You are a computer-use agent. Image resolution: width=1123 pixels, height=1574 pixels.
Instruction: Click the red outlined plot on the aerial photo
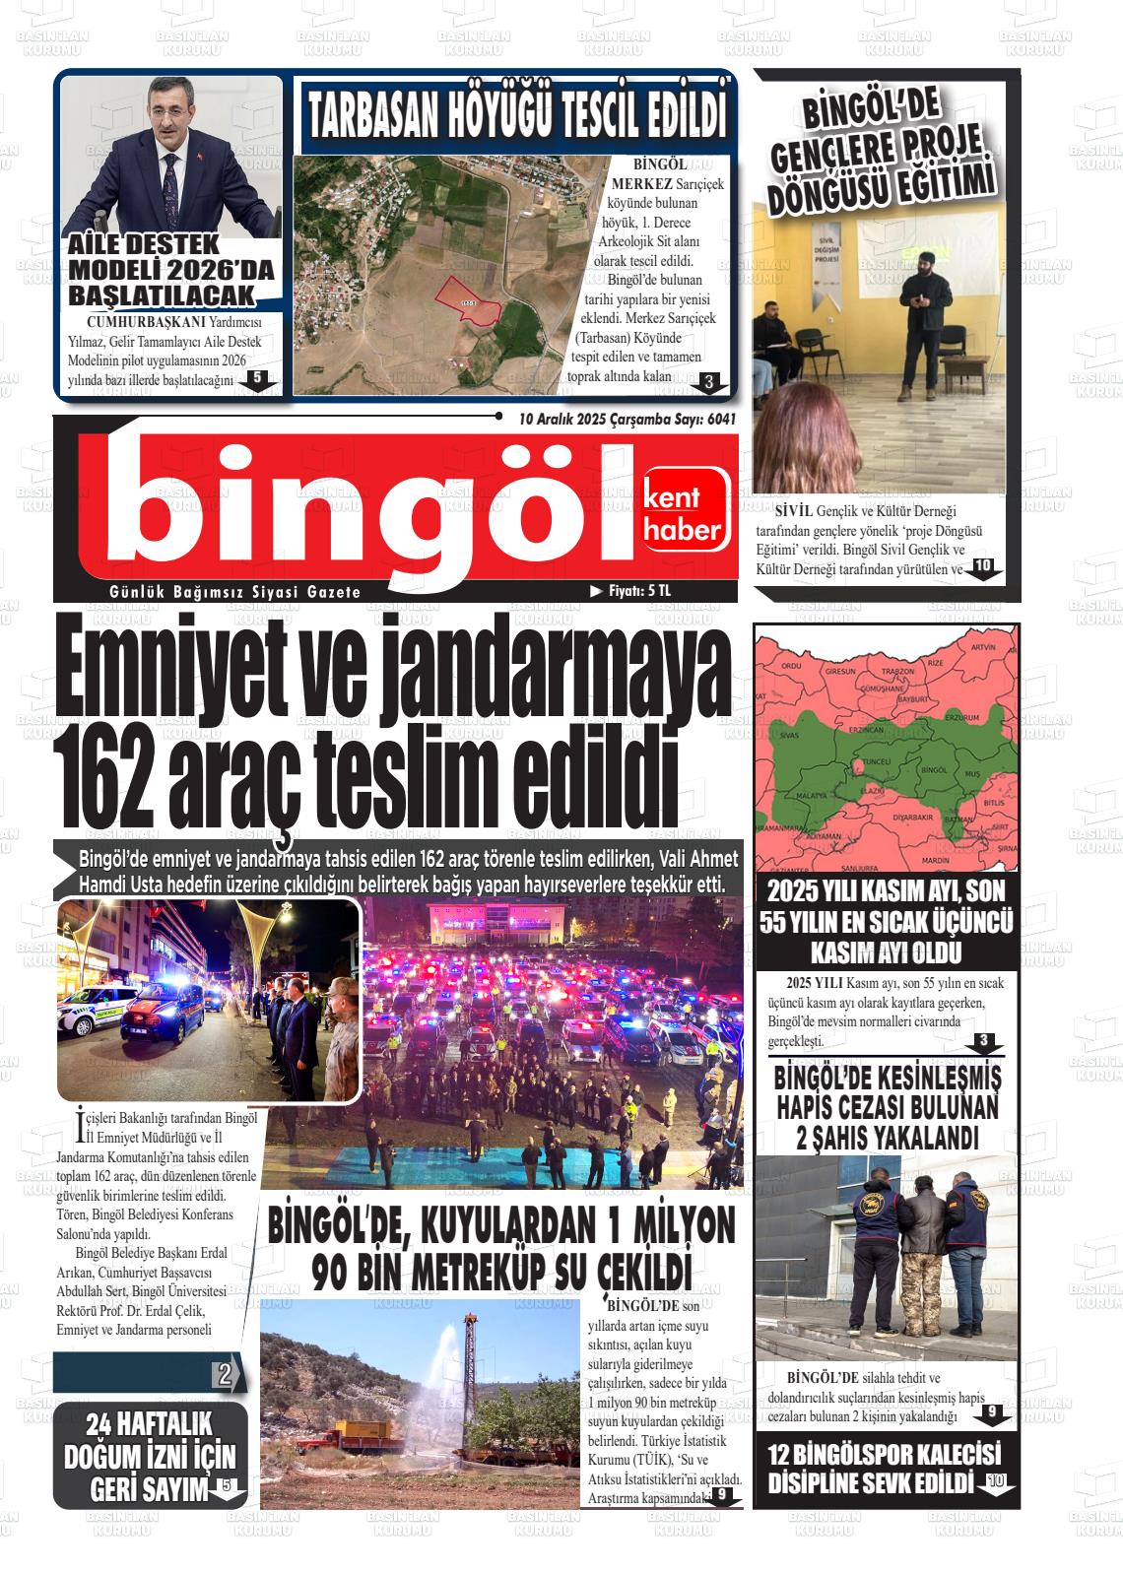click(469, 299)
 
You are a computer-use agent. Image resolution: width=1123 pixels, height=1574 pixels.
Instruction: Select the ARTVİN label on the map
click(983, 647)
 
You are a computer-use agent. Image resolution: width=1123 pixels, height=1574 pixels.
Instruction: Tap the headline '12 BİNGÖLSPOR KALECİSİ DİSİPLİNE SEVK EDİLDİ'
click(884, 1468)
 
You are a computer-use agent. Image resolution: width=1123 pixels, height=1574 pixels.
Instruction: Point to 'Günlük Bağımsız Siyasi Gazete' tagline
click(235, 592)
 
